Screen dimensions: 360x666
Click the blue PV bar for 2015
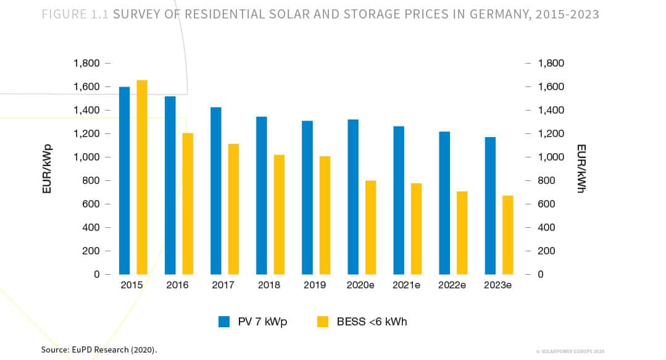(x=124, y=180)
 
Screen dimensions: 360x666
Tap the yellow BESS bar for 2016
(x=188, y=204)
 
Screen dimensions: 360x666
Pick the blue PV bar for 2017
(x=215, y=191)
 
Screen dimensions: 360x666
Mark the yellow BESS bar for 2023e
(x=507, y=235)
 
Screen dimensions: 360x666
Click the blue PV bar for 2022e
(x=444, y=203)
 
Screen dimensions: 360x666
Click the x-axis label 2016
(x=177, y=285)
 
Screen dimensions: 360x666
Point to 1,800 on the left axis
(x=86, y=63)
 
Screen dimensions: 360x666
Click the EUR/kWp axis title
(x=48, y=169)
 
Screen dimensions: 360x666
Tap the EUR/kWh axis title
(x=581, y=169)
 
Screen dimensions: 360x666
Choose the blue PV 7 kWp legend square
(x=224, y=322)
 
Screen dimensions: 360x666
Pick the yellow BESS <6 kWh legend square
(x=323, y=322)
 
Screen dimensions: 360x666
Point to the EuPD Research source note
(x=99, y=350)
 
